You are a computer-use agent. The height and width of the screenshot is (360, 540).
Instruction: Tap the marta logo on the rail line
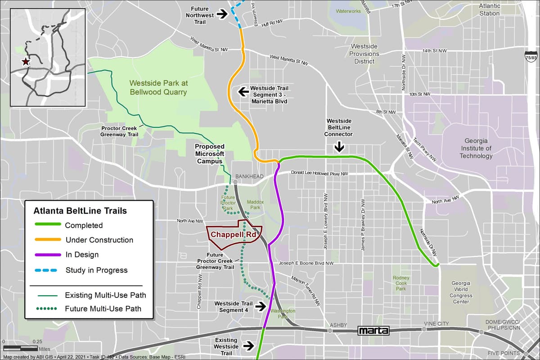373,331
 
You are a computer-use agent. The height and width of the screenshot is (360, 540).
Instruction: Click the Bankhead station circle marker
235,182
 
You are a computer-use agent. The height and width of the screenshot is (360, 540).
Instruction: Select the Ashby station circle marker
330,331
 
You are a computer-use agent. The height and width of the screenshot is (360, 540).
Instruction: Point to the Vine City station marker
424,329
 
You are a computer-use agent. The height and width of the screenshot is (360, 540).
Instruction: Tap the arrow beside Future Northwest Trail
222,14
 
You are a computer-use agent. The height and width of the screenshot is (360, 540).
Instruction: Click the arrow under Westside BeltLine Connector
339,147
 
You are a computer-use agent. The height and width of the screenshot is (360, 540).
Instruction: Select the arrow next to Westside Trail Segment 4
260,306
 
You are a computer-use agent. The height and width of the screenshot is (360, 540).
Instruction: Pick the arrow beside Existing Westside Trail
247,346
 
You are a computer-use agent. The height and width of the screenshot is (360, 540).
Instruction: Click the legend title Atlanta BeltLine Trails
80,211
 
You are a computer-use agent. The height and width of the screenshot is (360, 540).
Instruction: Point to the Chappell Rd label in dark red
230,234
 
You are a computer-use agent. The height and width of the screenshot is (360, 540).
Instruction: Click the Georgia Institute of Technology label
476,148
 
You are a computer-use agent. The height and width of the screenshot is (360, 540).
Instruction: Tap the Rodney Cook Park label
400,283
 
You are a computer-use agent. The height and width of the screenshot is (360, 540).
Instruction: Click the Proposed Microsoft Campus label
209,154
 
